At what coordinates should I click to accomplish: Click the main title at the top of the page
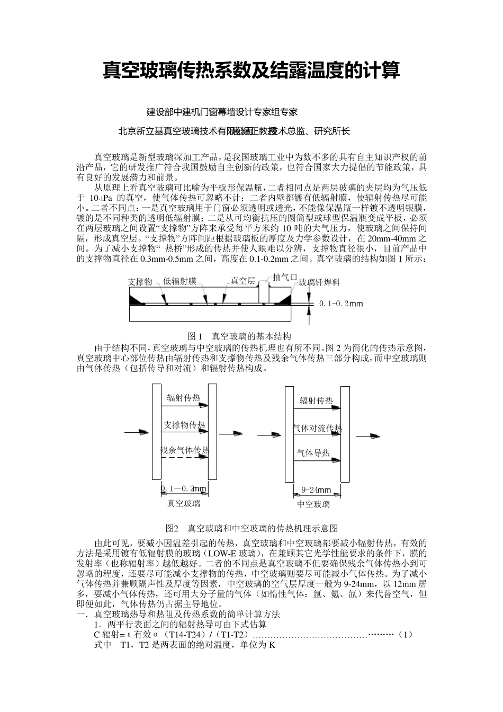(251, 70)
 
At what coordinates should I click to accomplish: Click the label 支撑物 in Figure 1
(140, 282)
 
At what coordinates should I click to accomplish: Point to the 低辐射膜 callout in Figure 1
(180, 281)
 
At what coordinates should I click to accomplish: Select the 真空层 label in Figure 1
(242, 281)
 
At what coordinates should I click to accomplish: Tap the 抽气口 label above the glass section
(285, 277)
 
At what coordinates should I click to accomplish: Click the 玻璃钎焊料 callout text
(319, 283)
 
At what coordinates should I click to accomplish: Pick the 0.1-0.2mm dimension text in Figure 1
(340, 304)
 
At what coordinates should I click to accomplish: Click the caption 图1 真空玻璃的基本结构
(239, 336)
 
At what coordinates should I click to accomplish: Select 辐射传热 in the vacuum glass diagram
(183, 398)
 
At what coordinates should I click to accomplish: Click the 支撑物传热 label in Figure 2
(185, 425)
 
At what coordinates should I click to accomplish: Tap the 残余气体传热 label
(185, 451)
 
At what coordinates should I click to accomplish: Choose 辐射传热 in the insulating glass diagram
(316, 401)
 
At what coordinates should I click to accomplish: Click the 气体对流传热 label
(317, 428)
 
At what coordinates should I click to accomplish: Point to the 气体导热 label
(313, 453)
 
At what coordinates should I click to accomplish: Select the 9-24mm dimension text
(316, 490)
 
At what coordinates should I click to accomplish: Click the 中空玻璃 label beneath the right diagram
(313, 504)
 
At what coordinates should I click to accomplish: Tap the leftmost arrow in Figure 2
(136, 432)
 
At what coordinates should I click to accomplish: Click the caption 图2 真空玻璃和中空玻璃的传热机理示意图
(251, 528)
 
